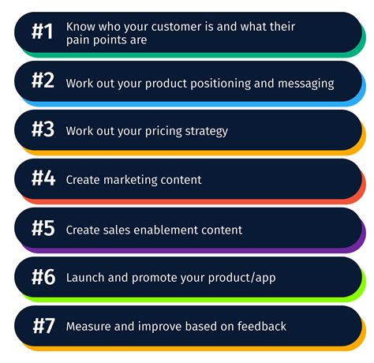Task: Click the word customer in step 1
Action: pos(187,27)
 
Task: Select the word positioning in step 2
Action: pos(228,83)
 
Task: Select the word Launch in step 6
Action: pos(84,278)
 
